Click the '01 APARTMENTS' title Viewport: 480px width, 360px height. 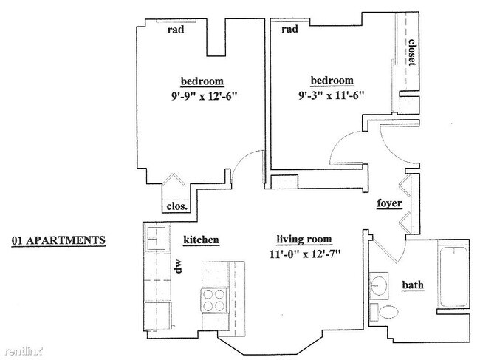pos(58,240)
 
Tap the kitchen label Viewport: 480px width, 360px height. pos(201,240)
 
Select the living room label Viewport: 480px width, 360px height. pos(304,240)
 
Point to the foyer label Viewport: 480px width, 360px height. pos(389,203)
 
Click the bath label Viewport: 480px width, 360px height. pos(413,285)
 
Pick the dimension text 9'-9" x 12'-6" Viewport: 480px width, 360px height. pos(204,97)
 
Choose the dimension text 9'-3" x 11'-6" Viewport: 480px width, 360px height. pos(332,95)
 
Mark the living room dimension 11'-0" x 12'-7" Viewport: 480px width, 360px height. pos(305,254)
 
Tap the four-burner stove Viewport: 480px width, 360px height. pos(214,300)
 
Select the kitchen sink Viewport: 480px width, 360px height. pos(157,238)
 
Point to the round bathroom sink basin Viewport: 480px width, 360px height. pos(379,285)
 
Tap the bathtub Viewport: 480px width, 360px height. pos(453,276)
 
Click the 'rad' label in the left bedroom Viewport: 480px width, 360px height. pos(176,30)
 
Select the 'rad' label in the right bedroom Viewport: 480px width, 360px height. pos(289,29)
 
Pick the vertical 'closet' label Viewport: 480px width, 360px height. pos(412,52)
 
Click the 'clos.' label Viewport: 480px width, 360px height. pos(177,206)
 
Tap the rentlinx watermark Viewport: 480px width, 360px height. pos(24,351)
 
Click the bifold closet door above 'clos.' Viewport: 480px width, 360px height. pos(174,179)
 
